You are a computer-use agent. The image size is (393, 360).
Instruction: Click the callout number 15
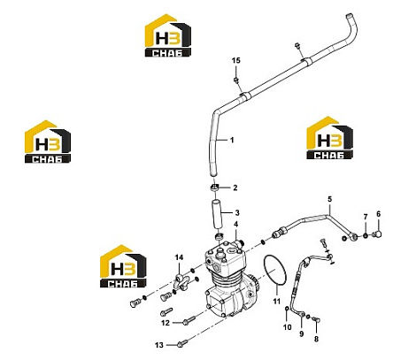235,60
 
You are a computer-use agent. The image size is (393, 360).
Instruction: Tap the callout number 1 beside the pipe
232,140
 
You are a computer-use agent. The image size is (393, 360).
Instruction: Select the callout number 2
235,188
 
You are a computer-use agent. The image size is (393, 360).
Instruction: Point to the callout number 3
237,212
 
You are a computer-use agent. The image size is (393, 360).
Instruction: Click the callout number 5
329,199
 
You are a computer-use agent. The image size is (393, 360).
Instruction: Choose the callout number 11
276,302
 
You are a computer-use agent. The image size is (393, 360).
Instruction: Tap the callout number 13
159,345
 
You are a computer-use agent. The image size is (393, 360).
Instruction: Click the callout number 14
179,257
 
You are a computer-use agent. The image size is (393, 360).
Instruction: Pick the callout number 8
316,339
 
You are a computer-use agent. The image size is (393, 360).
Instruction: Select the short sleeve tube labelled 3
216,214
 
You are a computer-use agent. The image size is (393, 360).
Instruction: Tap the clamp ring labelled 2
215,188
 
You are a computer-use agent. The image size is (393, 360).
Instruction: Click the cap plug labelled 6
377,234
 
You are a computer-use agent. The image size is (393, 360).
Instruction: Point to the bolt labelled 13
181,343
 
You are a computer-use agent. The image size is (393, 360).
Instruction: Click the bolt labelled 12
189,320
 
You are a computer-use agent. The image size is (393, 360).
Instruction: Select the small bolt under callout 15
236,80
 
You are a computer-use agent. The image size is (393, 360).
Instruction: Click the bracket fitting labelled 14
181,282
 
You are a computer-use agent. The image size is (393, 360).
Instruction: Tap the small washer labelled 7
366,235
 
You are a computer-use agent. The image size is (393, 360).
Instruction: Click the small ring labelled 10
287,309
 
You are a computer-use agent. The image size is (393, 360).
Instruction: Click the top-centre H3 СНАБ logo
168,35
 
